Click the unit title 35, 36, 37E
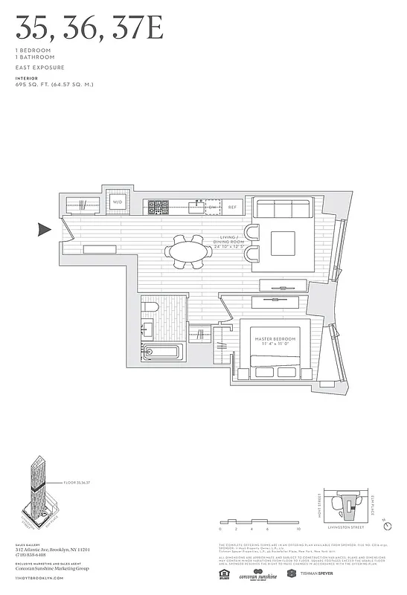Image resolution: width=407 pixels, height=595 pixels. click(x=88, y=29)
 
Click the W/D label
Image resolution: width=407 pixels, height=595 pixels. click(x=118, y=202)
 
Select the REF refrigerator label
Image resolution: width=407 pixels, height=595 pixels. click(x=232, y=207)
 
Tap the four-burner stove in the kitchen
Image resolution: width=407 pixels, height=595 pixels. click(x=158, y=207)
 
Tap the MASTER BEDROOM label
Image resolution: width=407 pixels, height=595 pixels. click(x=276, y=340)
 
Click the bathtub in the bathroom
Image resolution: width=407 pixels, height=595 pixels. click(x=161, y=353)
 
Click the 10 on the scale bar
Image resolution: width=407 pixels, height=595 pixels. click(x=298, y=529)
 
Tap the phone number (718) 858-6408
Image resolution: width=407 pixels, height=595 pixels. click(x=31, y=555)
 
